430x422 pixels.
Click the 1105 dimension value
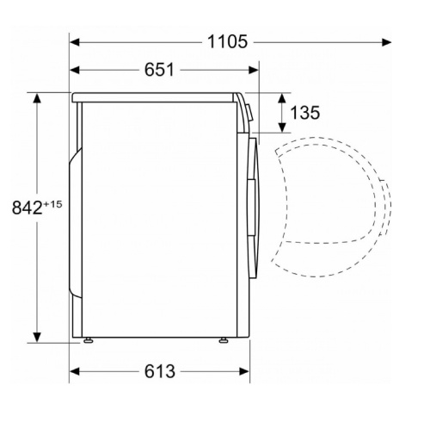(x=227, y=41)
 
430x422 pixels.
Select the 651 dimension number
(x=159, y=70)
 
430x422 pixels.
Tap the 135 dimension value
(x=304, y=112)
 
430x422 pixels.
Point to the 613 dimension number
(x=160, y=371)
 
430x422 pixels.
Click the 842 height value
(x=28, y=208)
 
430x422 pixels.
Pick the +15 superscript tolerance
(x=52, y=204)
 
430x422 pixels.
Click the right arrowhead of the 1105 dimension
(x=387, y=42)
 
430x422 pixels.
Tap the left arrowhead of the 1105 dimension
(x=74, y=42)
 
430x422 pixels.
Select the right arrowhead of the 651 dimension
(x=254, y=70)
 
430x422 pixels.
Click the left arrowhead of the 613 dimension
(x=74, y=371)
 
